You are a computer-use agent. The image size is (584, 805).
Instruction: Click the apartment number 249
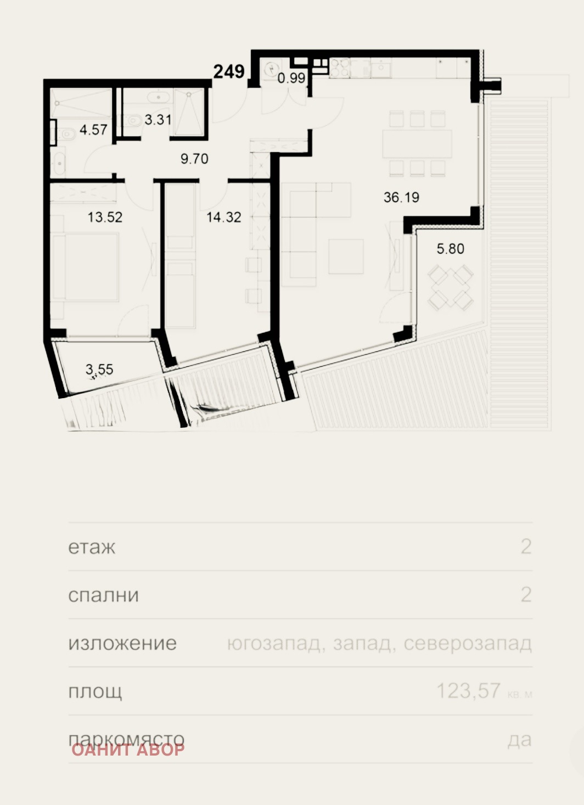pos(229,71)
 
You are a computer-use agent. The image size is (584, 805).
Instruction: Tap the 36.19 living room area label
pos(401,197)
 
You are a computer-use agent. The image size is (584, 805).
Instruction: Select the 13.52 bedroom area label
pos(105,217)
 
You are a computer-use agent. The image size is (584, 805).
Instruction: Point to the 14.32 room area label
pos(223,217)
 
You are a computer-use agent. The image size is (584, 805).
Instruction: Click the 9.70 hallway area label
pos(194,159)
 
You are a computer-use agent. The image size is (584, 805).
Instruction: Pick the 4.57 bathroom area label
pos(93,130)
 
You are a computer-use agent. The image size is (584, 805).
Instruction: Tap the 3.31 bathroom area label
pos(158,120)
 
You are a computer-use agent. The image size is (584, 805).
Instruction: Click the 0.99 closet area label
pos(291,79)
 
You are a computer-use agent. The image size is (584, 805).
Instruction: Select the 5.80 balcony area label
pos(450,249)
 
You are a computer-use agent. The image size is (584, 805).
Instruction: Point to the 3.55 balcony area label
pos(99,370)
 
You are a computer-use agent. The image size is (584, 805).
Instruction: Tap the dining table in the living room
pos(417,143)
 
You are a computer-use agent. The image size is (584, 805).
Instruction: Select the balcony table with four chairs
pos(451,286)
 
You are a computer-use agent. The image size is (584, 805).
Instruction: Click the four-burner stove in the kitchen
pos(340,68)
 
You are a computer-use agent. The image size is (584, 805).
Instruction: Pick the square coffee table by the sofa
pos(346,256)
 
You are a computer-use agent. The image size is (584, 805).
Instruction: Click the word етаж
pos(92,547)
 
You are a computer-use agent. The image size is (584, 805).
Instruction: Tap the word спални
pos(103,596)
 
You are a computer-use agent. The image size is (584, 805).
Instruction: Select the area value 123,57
pos(468,691)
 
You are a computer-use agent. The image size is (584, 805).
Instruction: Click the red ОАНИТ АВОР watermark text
pos(128,750)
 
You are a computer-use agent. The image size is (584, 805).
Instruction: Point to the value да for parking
pos(519,740)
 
